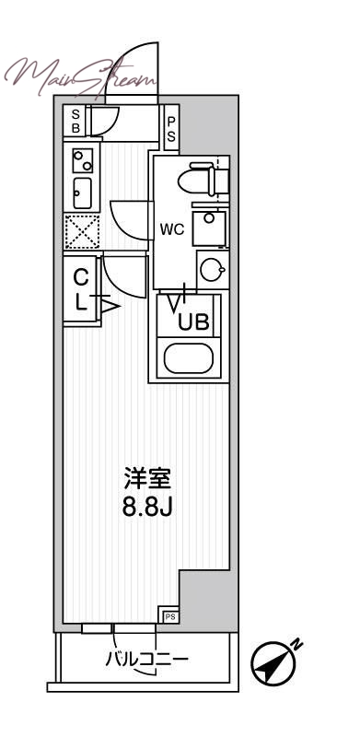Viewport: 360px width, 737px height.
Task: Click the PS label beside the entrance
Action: [x=171, y=125]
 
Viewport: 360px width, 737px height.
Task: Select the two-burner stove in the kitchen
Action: [x=82, y=160]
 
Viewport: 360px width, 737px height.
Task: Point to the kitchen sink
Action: [x=81, y=193]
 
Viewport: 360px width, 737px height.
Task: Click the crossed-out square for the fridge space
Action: [x=82, y=231]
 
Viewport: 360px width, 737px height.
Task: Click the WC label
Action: [x=173, y=229]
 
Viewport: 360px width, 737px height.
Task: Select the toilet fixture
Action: [x=203, y=178]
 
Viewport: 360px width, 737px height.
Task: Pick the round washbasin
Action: [x=211, y=271]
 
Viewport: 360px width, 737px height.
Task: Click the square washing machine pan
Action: [x=210, y=228]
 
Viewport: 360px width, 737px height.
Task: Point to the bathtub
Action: [x=190, y=358]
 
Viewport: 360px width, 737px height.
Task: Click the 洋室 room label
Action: [x=148, y=479]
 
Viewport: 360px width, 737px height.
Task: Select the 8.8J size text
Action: [x=148, y=506]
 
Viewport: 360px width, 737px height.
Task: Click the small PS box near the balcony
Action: [x=170, y=614]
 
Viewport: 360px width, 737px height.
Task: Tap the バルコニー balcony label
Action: [x=145, y=660]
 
